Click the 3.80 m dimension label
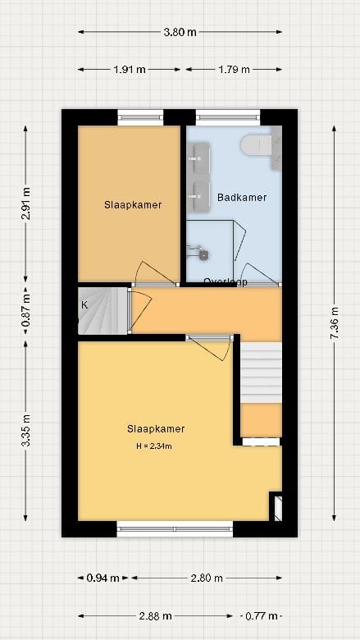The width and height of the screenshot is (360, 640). click(x=180, y=33)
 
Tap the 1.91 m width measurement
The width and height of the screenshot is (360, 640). click(x=130, y=70)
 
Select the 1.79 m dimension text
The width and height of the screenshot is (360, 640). click(x=234, y=70)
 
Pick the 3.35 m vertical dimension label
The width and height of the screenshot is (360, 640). click(x=26, y=429)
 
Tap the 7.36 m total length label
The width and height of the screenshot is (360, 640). click(x=334, y=323)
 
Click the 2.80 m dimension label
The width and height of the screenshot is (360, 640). click(x=206, y=578)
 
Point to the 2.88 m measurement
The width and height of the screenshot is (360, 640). click(x=155, y=615)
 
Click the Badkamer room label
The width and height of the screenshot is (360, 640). click(x=242, y=198)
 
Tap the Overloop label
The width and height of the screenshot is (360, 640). click(x=226, y=281)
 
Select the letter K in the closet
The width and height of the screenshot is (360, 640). click(x=84, y=305)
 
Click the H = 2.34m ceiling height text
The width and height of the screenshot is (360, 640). click(x=154, y=446)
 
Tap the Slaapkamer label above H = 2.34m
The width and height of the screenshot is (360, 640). click(x=155, y=428)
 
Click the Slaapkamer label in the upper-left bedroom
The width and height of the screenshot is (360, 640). click(x=133, y=205)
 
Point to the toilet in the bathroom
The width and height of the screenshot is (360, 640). click(x=257, y=145)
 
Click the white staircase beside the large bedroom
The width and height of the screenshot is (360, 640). click(x=261, y=373)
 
